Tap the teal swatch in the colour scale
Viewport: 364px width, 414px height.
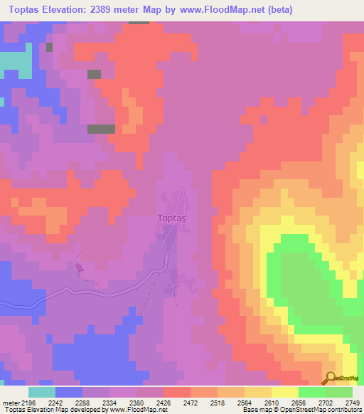pyautogui.click(x=41, y=392)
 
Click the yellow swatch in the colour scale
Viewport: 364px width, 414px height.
pyautogui.click(x=285, y=392)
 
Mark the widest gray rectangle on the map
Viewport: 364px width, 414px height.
pyautogui.click(x=101, y=129)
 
